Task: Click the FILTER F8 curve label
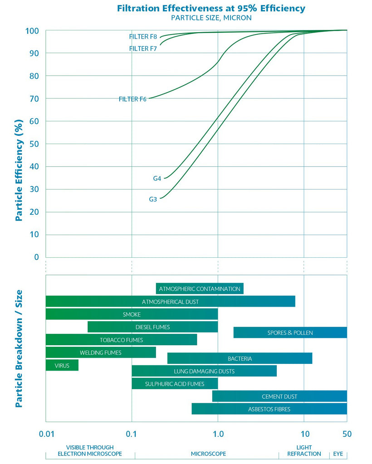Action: pos(143,37)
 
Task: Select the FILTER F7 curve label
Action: pos(143,48)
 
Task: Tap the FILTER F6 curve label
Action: pos(132,99)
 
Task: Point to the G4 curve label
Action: pos(157,179)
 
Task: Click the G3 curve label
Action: pos(153,199)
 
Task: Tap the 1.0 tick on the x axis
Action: pos(218,434)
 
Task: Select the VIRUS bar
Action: pos(62,365)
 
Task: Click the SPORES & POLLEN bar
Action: pos(290,333)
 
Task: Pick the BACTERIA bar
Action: pos(240,358)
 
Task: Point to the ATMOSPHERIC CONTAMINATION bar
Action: pos(200,289)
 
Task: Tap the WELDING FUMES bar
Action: pos(101,353)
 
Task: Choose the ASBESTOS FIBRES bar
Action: pos(269,409)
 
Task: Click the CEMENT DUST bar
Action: pos(279,396)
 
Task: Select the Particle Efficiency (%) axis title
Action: pos(19,170)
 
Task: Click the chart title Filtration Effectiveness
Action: pos(211,8)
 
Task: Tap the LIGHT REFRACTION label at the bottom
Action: pos(304,450)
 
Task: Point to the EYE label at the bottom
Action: pos(338,454)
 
